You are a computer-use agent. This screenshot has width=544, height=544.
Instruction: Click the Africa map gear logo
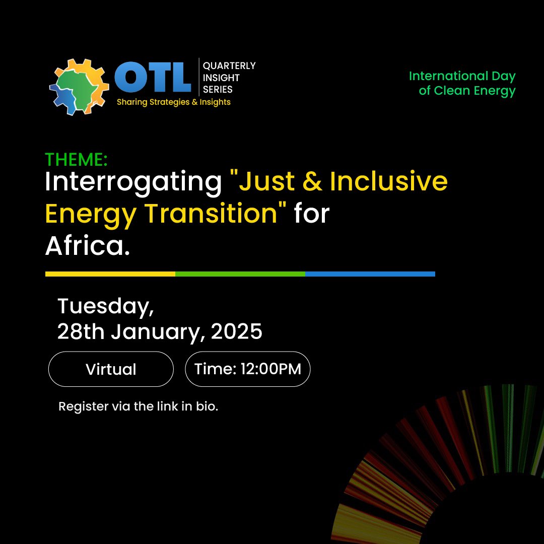[x=79, y=87]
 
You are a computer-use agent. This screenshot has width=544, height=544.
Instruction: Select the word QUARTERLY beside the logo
[x=229, y=66]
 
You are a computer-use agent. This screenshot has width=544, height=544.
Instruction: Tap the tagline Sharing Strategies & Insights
[x=173, y=102]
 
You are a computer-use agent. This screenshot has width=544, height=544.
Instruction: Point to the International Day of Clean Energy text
[x=462, y=84]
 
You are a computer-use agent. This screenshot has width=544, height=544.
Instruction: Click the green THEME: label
[x=76, y=160]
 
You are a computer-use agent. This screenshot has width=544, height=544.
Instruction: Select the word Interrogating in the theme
[x=133, y=182]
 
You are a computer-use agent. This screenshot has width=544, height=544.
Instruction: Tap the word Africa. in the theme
[x=88, y=245]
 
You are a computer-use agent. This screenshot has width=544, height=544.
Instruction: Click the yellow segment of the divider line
[x=110, y=274]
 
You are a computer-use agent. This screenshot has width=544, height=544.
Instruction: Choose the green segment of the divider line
[x=240, y=274]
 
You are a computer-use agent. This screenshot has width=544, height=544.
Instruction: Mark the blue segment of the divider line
[x=370, y=274]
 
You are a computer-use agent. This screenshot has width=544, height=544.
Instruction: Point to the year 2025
[x=237, y=332]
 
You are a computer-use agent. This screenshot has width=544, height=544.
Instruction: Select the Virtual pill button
[x=111, y=369]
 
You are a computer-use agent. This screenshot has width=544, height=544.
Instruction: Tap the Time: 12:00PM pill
[x=248, y=369]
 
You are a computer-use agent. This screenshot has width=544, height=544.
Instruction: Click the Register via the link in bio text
[x=138, y=406]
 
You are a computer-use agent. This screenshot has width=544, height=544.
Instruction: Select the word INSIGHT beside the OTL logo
[x=221, y=78]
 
